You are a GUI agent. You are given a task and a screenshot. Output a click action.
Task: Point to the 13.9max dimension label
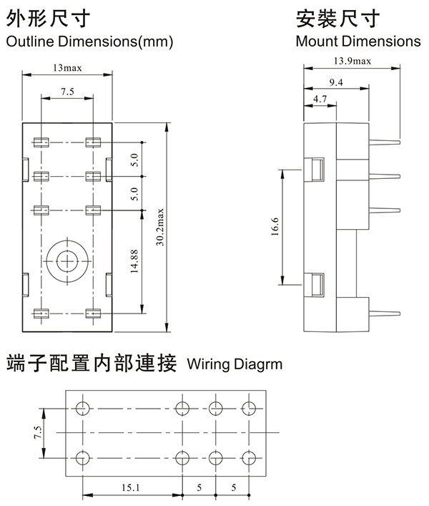pos(352,62)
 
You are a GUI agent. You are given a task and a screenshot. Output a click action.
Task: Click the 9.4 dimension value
pos(336,83)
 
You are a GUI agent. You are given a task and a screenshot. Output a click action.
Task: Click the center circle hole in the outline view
pos(67,261)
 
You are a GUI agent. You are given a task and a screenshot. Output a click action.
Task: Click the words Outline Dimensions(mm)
pos(89,42)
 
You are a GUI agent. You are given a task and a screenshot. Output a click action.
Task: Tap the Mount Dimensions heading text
pos(358,42)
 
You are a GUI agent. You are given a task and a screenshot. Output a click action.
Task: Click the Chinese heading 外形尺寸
pos(48,17)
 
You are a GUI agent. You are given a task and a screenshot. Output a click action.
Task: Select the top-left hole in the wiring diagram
pos(82,408)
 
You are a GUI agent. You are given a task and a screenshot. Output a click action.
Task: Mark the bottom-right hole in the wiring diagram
pos(249,457)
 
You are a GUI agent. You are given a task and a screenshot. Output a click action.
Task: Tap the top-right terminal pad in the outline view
pos(92,142)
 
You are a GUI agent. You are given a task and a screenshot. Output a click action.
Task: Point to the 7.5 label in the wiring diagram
pos(37,432)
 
